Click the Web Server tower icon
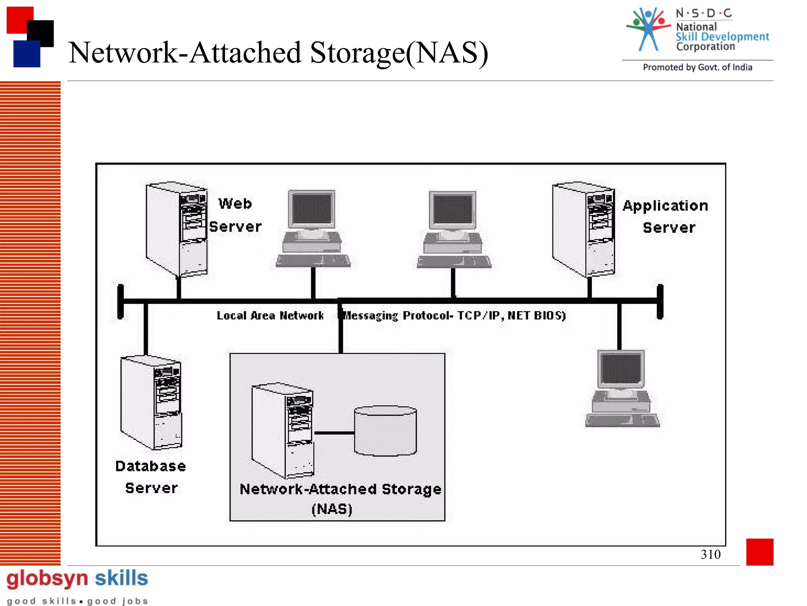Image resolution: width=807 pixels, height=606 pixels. [x=177, y=229]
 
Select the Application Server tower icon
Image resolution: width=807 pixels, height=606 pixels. [x=584, y=229]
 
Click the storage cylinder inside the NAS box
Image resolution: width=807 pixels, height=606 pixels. [x=385, y=431]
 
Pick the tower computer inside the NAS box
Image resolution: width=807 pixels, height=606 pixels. [x=283, y=430]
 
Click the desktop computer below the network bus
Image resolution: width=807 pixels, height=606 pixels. [x=622, y=389]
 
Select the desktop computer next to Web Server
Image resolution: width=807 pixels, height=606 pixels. [x=313, y=229]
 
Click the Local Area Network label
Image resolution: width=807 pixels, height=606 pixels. [x=270, y=316]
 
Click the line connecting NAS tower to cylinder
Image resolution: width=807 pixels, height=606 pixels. [x=334, y=433]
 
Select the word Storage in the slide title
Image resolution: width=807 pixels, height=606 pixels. [x=357, y=53]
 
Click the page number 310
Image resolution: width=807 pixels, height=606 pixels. [x=710, y=554]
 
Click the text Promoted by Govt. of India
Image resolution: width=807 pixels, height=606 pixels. [x=697, y=67]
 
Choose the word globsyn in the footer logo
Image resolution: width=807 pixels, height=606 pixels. [x=47, y=579]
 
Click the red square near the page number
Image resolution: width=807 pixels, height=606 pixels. [x=759, y=552]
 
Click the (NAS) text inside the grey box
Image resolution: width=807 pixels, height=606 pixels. [x=332, y=509]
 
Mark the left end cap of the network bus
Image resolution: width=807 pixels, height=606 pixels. [x=121, y=301]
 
